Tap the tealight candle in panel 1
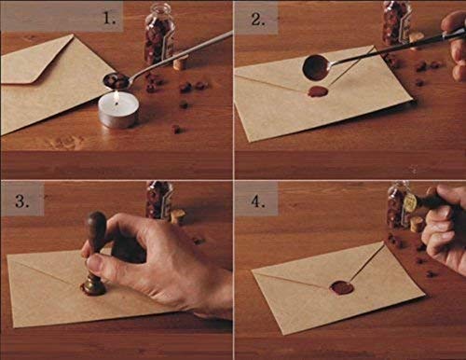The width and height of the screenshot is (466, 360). click(x=117, y=111)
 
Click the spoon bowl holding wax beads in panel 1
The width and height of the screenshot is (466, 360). click(x=117, y=80)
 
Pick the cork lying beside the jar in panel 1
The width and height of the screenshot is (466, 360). click(x=180, y=62)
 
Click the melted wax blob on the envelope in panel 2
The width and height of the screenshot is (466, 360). click(x=318, y=91)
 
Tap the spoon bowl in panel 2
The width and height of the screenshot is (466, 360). click(x=316, y=67)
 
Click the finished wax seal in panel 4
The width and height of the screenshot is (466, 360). click(x=342, y=287)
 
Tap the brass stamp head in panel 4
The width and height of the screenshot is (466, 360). click(x=409, y=202)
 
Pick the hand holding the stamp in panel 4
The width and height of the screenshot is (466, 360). click(x=447, y=228)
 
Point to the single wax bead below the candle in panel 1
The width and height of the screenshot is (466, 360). click(x=175, y=129)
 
